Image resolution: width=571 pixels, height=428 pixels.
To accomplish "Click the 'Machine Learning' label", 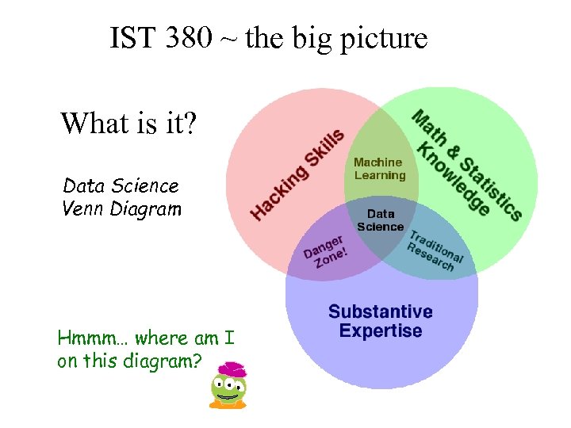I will [x=379, y=169].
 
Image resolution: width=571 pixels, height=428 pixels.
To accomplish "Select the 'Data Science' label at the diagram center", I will [x=380, y=220].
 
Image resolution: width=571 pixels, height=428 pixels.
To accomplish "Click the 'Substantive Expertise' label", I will [x=381, y=321].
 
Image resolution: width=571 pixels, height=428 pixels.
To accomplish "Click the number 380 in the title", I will [x=186, y=37].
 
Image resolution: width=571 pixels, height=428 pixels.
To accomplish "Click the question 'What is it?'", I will [x=129, y=124].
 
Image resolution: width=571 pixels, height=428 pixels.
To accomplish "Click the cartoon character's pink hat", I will [x=232, y=370].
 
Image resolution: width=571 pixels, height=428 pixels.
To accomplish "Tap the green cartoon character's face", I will [x=228, y=390].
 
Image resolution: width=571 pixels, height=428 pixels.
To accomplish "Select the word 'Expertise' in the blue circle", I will [x=381, y=331].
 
